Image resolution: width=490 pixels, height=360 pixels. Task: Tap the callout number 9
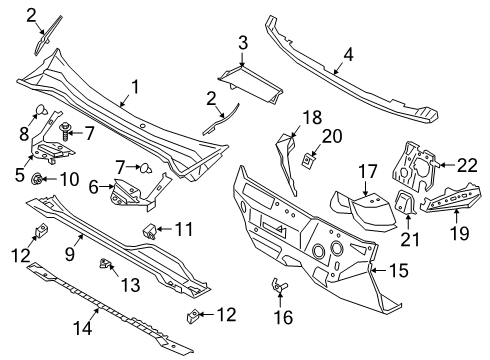(x=70, y=255)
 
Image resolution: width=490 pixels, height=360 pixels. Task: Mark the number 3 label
(x=243, y=42)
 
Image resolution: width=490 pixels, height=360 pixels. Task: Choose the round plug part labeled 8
(x=42, y=111)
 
